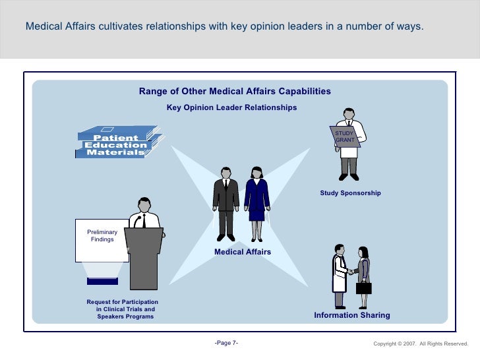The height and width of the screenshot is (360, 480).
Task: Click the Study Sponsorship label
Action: [x=350, y=193]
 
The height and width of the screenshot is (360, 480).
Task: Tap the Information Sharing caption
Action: [x=351, y=315]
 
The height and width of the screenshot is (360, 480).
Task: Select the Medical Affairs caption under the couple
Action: [x=243, y=252]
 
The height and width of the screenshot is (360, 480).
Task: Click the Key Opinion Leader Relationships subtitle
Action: [x=231, y=107]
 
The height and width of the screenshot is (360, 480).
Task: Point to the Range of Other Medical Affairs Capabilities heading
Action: [x=235, y=92]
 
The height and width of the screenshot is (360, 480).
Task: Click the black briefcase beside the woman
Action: [x=364, y=287]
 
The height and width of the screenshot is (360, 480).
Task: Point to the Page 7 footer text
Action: [x=227, y=344]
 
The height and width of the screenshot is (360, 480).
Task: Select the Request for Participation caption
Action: [x=122, y=309]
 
